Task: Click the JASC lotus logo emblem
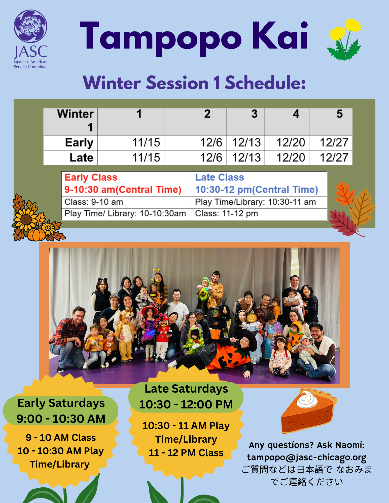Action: point(30,26)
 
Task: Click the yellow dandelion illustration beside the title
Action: point(344,39)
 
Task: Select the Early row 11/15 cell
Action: point(131,143)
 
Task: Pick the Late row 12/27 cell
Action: point(331,158)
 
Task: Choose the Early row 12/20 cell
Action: point(287,143)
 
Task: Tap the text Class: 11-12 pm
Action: point(227,214)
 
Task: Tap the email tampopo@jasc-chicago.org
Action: point(307,457)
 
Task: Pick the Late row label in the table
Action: point(81,158)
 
